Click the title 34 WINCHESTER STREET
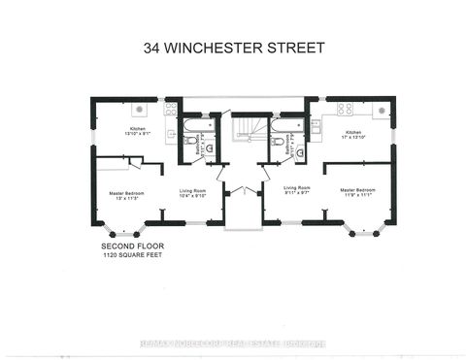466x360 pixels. tap(232, 46)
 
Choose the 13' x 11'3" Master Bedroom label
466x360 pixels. tap(126, 197)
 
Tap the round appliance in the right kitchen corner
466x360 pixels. tap(382, 106)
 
